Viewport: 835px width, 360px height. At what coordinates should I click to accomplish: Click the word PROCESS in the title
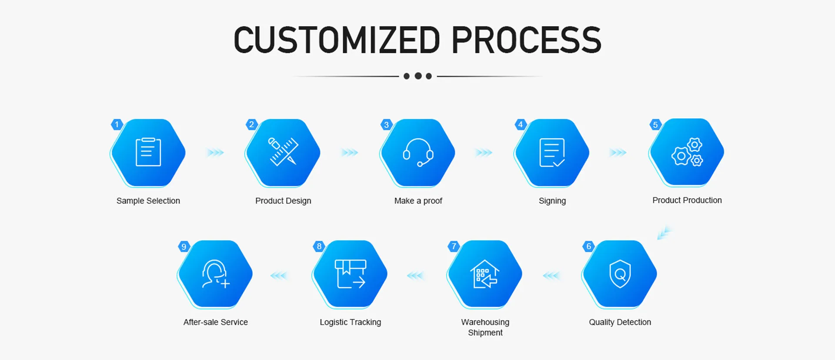(x=526, y=40)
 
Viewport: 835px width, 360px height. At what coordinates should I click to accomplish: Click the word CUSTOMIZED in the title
(x=337, y=40)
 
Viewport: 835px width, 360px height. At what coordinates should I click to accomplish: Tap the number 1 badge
(x=117, y=125)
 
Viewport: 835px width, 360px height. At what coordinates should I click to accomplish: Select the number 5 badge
(x=655, y=125)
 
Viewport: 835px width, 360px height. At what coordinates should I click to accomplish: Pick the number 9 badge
(x=184, y=247)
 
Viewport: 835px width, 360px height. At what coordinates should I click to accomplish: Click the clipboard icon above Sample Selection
(x=148, y=152)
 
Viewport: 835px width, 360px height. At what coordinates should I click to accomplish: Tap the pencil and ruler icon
(x=283, y=152)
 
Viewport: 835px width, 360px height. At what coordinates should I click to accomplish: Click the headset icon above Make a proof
(x=417, y=152)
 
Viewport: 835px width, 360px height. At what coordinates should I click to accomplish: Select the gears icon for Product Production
(x=687, y=152)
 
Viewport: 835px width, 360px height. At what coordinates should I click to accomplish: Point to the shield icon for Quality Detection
(x=620, y=274)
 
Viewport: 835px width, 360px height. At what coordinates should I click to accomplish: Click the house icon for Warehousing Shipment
(x=485, y=274)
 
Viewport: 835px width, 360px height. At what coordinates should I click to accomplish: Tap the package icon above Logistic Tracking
(x=350, y=274)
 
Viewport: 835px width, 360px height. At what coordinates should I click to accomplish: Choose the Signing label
(x=552, y=201)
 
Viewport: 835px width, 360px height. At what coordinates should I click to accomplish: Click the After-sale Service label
(x=216, y=322)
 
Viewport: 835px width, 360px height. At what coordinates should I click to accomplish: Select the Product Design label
(x=283, y=201)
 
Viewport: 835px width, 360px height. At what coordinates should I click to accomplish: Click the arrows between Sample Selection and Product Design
(x=215, y=153)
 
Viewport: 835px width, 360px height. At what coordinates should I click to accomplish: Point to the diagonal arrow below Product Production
(x=664, y=233)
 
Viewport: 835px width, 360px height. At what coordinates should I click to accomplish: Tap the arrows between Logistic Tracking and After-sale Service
(x=279, y=275)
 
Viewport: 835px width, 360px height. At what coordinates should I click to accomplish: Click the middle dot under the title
(x=418, y=76)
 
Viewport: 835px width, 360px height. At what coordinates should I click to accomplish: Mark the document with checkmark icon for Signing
(x=552, y=153)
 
